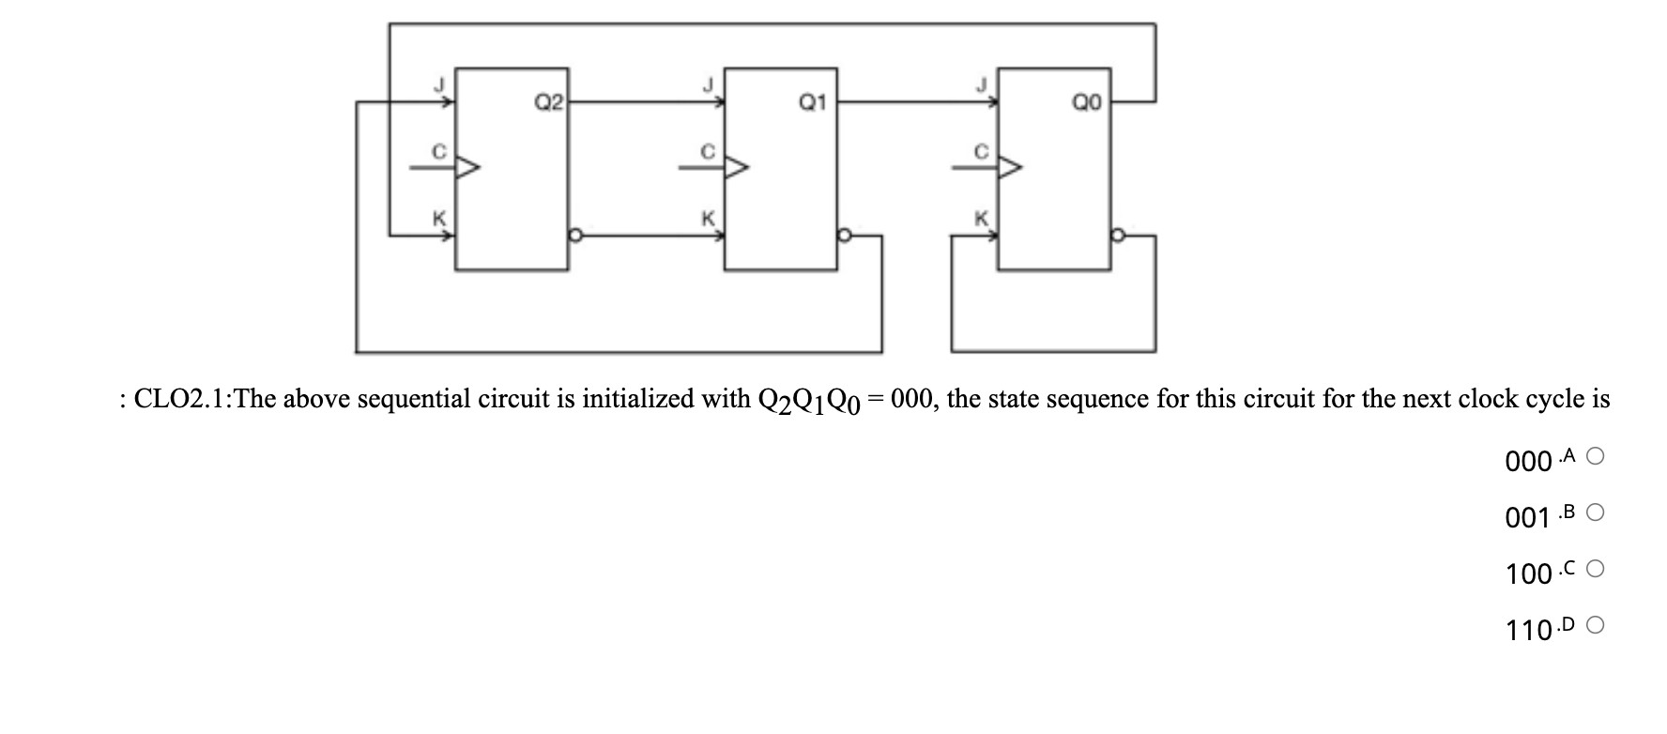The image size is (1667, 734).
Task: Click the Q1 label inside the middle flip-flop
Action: (x=812, y=100)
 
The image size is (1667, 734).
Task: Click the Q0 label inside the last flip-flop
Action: (x=1086, y=102)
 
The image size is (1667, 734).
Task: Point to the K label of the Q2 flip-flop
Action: (x=437, y=218)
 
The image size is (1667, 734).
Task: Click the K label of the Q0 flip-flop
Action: (x=981, y=218)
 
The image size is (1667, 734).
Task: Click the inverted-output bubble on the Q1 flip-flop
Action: (x=844, y=236)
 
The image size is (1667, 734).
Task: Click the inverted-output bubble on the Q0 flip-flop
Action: (x=1117, y=236)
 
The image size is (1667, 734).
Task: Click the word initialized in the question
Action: (x=646, y=400)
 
